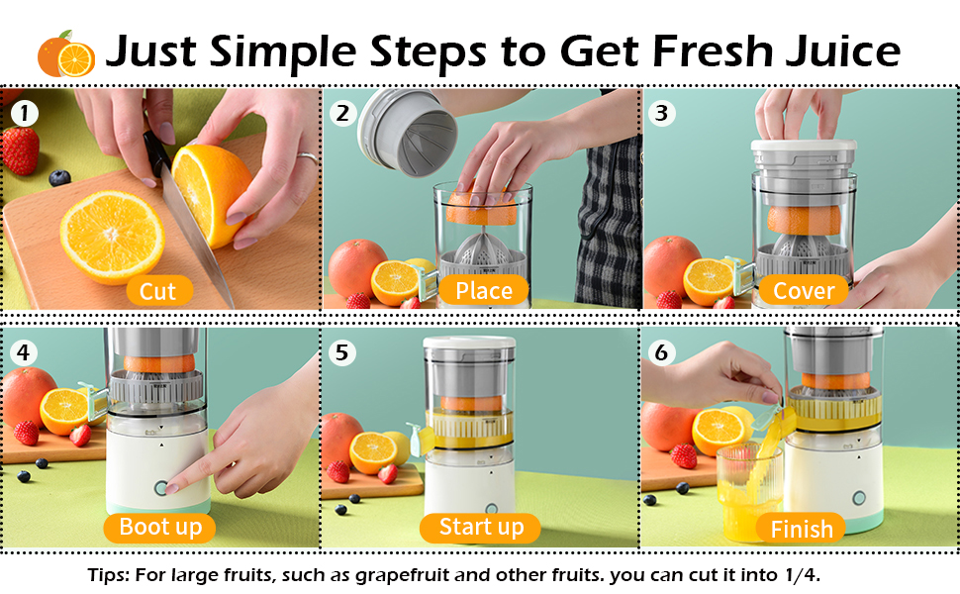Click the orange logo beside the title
click(x=66, y=53)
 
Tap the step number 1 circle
click(x=25, y=113)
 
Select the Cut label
click(x=158, y=291)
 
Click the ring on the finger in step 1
click(x=308, y=158)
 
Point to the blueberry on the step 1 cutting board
click(x=59, y=177)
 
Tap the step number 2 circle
click(x=342, y=113)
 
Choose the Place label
click(x=484, y=291)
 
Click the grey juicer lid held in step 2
click(x=407, y=132)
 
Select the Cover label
click(x=804, y=291)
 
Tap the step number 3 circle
click(x=662, y=113)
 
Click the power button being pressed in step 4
click(x=161, y=488)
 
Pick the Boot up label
click(x=159, y=528)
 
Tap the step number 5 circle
click(x=341, y=352)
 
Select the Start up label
click(x=481, y=528)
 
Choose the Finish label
click(x=801, y=529)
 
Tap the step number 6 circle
click(x=661, y=352)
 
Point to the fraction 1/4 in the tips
click(x=801, y=575)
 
